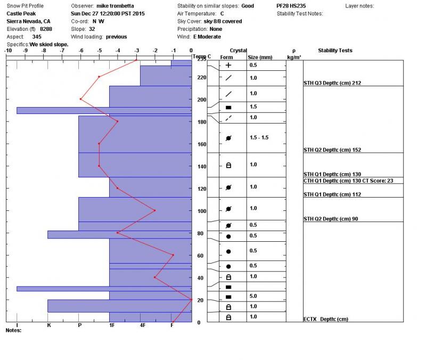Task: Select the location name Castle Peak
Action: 21,14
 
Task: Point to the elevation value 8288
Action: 42,29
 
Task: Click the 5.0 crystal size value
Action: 253,296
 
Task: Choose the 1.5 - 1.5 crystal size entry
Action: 259,137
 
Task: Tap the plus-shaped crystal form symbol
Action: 228,66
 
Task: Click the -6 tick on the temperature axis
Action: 80,51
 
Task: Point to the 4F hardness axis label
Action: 142,325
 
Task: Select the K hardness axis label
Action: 49,325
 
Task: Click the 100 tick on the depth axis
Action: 202,211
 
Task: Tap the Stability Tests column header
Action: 335,51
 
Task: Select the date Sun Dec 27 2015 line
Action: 108,14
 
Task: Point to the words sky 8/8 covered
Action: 223,21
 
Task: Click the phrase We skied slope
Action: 49,45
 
